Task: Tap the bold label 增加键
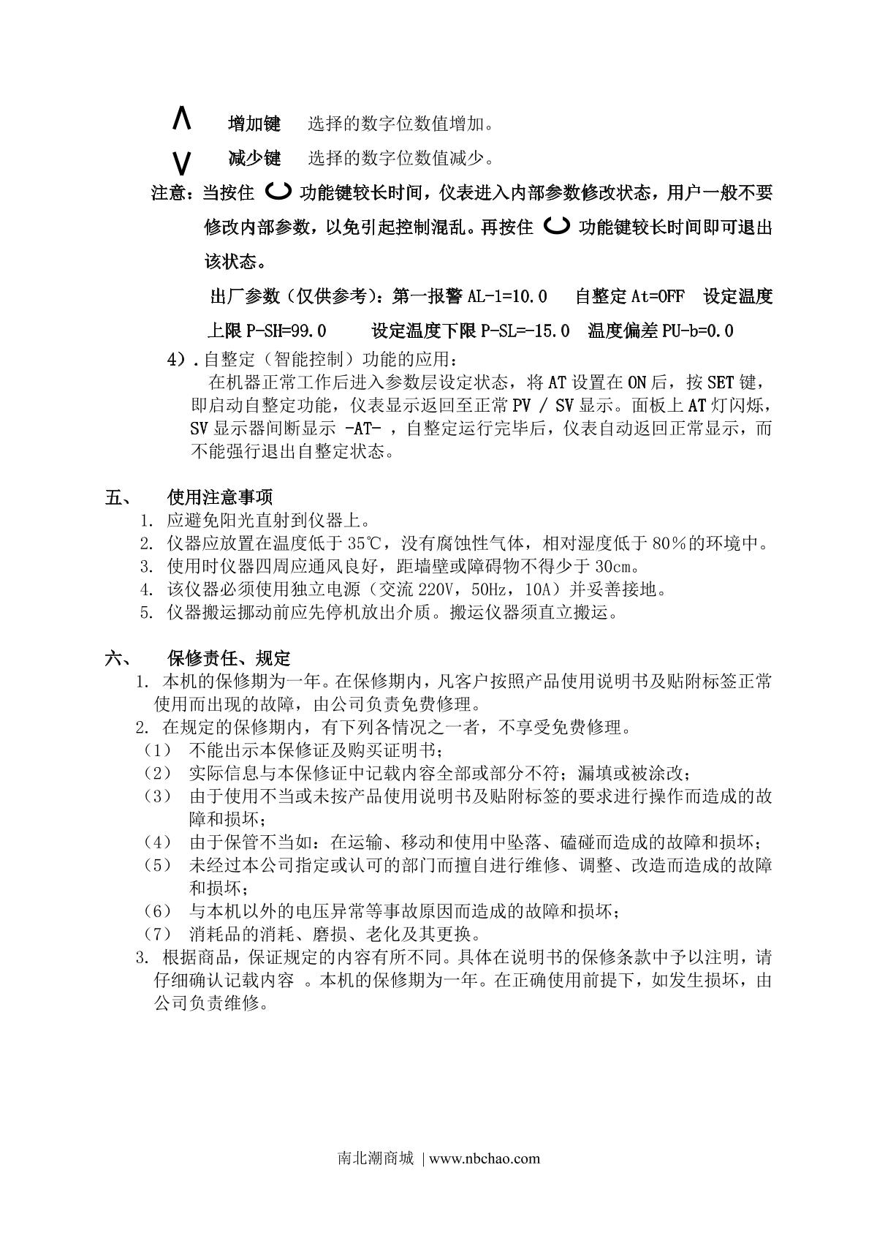tap(254, 124)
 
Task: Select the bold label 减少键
tap(254, 158)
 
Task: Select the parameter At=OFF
tap(658, 296)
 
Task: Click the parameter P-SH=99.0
tap(286, 331)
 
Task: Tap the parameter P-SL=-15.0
tap(525, 331)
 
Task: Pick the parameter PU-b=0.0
tap(697, 331)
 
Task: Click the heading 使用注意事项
tap(220, 498)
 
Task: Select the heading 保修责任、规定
tap(229, 658)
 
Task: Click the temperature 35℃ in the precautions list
tap(363, 543)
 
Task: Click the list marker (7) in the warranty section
tap(157, 935)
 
